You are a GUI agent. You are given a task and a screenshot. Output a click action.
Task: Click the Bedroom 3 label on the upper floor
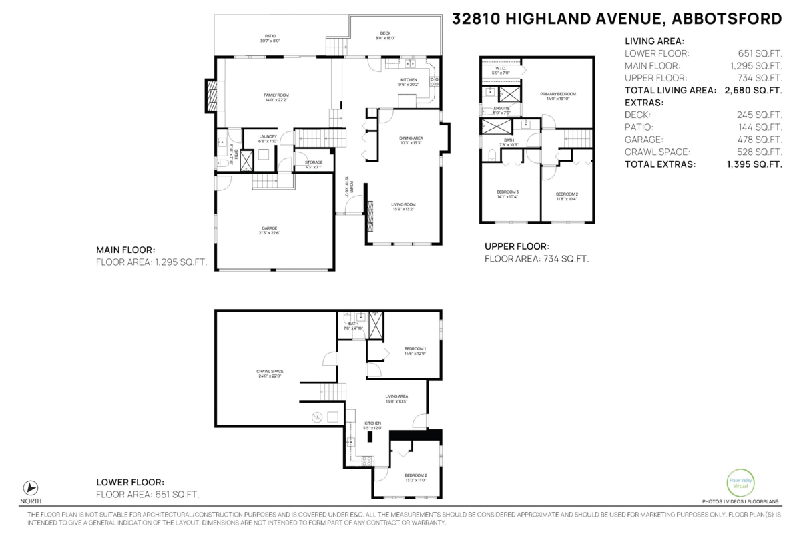(507, 194)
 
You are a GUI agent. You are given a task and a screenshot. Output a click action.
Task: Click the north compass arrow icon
(31, 487)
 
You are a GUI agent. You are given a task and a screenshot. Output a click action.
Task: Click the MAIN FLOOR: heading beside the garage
(125, 250)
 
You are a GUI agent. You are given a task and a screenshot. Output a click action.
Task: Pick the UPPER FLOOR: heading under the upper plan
(517, 246)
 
